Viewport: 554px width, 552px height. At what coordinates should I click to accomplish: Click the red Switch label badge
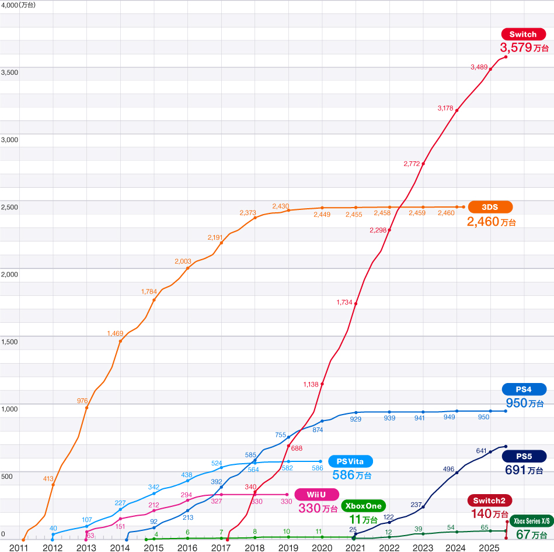pyautogui.click(x=522, y=34)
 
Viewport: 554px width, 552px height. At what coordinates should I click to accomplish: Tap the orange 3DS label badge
pyautogui.click(x=490, y=207)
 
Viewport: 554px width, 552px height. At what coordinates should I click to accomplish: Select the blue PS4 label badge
pyautogui.click(x=524, y=389)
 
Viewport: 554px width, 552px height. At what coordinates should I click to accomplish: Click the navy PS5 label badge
pyautogui.click(x=524, y=456)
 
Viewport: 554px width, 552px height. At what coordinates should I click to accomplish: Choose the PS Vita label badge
pyautogui.click(x=350, y=461)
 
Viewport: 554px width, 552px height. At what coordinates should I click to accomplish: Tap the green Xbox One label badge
pyautogui.click(x=363, y=505)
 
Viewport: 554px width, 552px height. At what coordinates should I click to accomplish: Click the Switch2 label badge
pyautogui.click(x=489, y=501)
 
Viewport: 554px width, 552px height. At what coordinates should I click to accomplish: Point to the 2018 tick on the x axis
pyautogui.click(x=255, y=547)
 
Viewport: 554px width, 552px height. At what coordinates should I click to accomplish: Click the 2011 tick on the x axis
pyautogui.click(x=19, y=547)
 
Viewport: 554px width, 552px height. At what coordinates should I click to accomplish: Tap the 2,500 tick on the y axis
pyautogui.click(x=10, y=207)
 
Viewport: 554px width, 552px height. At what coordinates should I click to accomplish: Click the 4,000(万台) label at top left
pyautogui.click(x=18, y=5)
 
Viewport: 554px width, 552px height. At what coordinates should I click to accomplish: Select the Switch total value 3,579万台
pyautogui.click(x=524, y=48)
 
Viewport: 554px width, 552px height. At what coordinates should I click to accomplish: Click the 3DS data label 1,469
pyautogui.click(x=115, y=333)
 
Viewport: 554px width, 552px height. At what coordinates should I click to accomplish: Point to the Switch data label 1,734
pyautogui.click(x=344, y=302)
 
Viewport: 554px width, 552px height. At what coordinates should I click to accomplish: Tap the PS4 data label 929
pyautogui.click(x=356, y=419)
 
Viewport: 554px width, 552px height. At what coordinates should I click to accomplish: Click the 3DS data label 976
pyautogui.click(x=82, y=401)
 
